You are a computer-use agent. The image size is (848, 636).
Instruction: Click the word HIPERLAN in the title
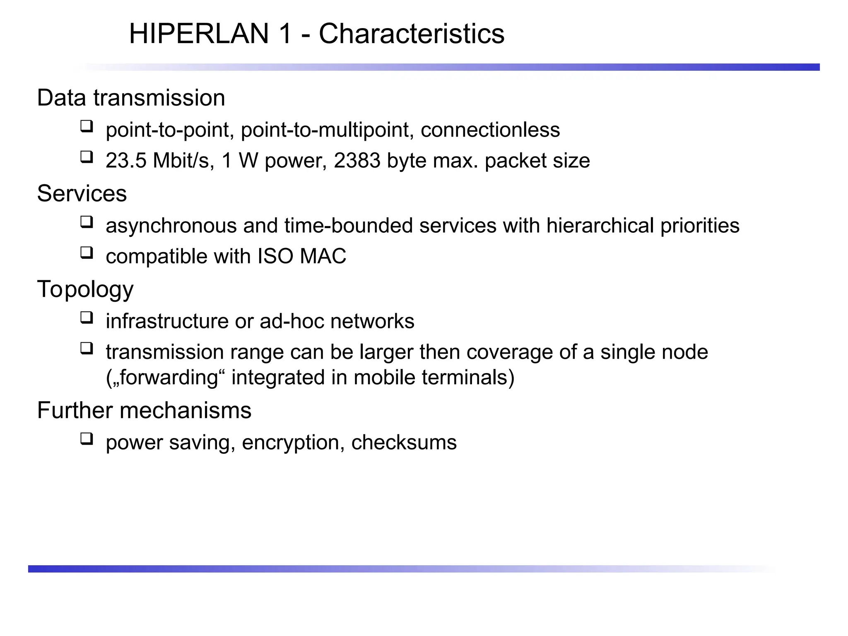pyautogui.click(x=199, y=34)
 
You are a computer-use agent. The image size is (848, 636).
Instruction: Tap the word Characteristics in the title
pyautogui.click(x=412, y=34)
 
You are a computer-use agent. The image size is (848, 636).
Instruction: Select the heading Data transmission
pyautogui.click(x=131, y=98)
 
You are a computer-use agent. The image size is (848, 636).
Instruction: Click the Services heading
pyautogui.click(x=82, y=193)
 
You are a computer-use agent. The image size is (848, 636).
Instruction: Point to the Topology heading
pyautogui.click(x=85, y=289)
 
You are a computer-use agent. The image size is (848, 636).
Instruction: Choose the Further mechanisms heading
pyautogui.click(x=144, y=410)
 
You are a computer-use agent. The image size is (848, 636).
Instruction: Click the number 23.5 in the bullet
pyautogui.click(x=126, y=161)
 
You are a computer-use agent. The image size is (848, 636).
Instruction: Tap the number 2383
pyautogui.click(x=357, y=161)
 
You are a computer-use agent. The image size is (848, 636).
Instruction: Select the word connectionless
pyautogui.click(x=490, y=130)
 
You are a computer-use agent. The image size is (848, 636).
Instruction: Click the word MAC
pyautogui.click(x=323, y=256)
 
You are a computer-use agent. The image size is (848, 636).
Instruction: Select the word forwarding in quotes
pyautogui.click(x=168, y=378)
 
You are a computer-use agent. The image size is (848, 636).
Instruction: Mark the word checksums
pyautogui.click(x=404, y=442)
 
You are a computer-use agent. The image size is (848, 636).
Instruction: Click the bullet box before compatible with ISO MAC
pyautogui.click(x=87, y=253)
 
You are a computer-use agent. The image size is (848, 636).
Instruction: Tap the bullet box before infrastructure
pyautogui.click(x=87, y=318)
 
